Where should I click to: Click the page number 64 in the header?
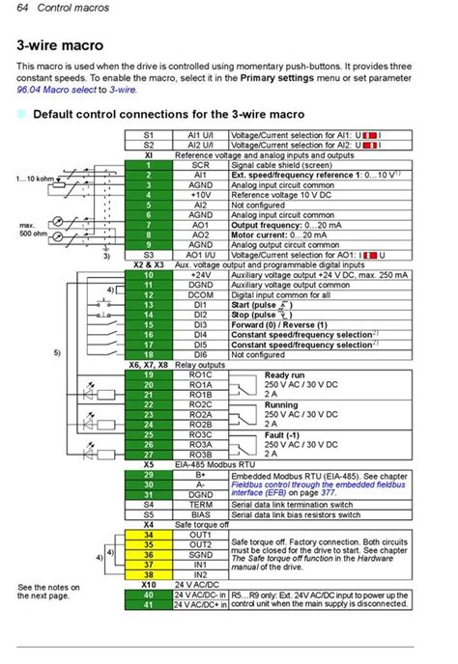coord(23,8)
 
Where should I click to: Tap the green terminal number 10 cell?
coord(149,275)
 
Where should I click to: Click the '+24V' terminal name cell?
coord(200,275)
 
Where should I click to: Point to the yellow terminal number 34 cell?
coord(149,534)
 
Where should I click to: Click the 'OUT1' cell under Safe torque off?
coord(200,534)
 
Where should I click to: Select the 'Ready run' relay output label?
coord(287,374)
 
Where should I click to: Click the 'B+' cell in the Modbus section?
coord(200,475)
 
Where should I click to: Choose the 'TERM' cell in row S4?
coord(200,505)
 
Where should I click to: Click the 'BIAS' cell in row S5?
coord(200,514)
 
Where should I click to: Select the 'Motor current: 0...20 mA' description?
coord(280,235)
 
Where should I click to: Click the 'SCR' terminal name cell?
coord(200,165)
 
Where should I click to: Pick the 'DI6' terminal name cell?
coord(200,355)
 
